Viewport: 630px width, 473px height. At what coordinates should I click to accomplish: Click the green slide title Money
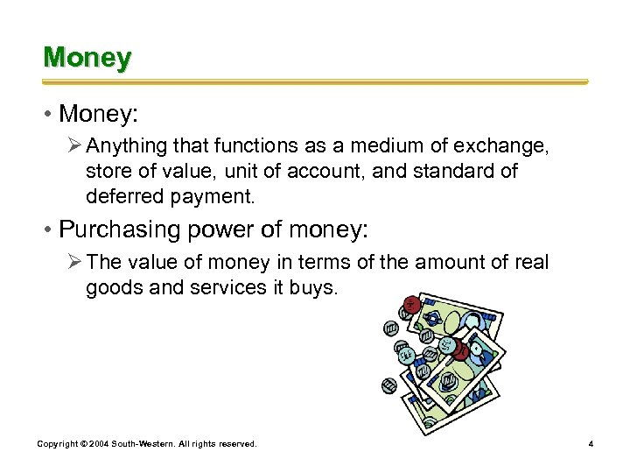click(x=87, y=58)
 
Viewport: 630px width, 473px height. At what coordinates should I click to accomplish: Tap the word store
click(x=108, y=172)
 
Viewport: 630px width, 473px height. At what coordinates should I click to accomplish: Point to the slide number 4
click(x=591, y=444)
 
